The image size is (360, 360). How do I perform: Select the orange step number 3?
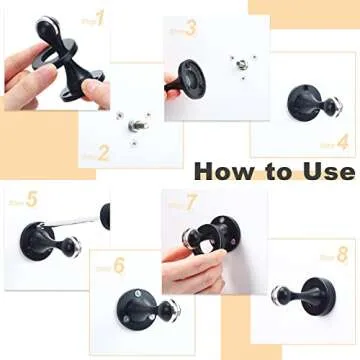tap(191, 30)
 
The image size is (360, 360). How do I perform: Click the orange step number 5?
tap(30, 201)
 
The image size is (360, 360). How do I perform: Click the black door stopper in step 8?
tap(300, 299)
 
